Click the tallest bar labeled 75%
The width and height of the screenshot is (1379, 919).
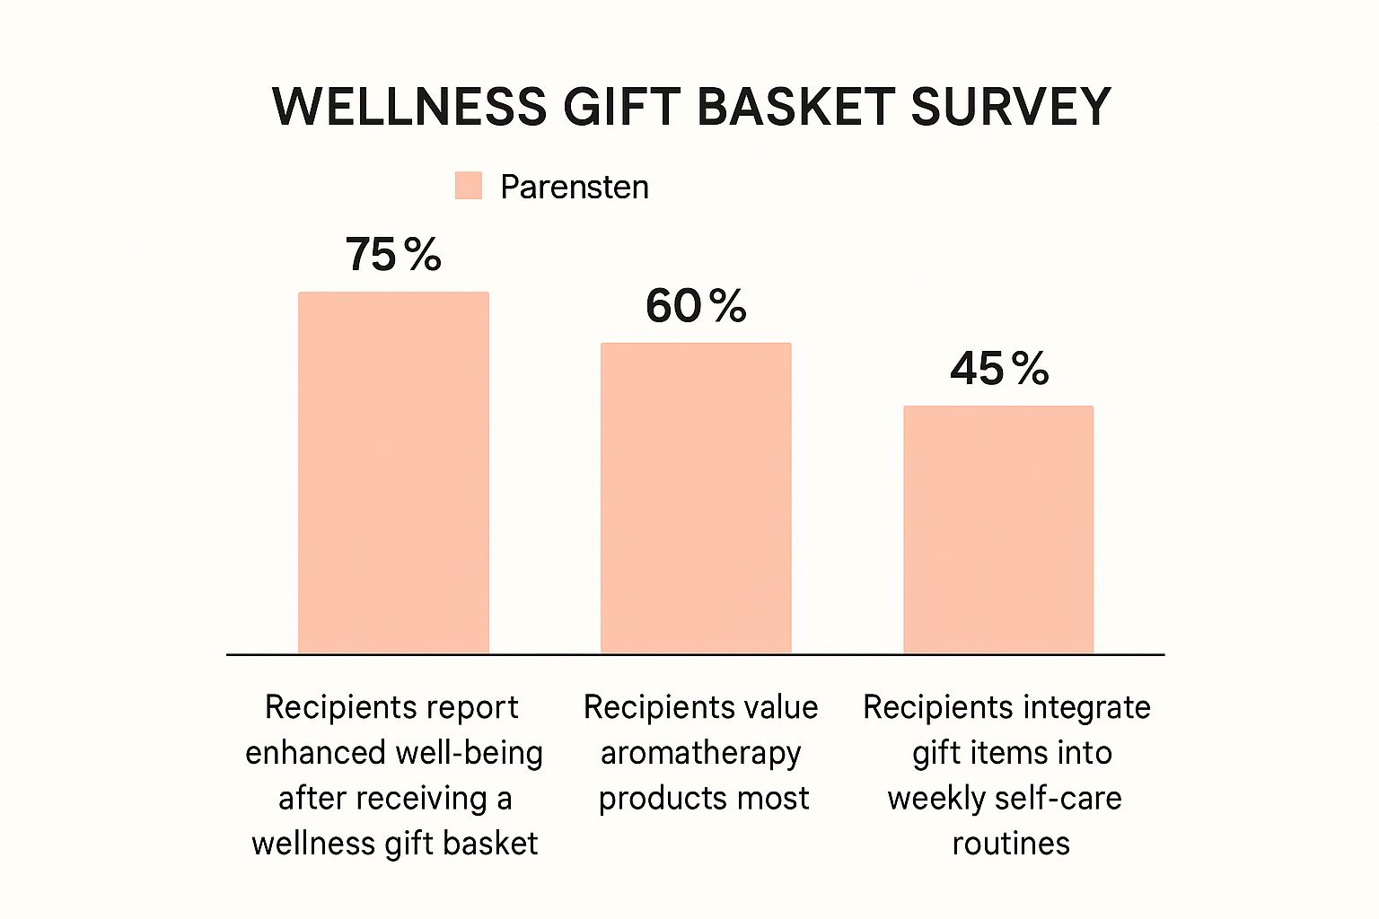(393, 472)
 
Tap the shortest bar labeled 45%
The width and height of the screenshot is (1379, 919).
(998, 529)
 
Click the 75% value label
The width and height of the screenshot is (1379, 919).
(393, 255)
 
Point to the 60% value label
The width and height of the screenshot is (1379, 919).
(696, 306)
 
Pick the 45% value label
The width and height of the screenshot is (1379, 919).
(999, 369)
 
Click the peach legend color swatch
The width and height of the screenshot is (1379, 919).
(469, 186)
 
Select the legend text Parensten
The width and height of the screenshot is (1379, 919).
(575, 187)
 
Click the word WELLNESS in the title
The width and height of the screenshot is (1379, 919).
(409, 107)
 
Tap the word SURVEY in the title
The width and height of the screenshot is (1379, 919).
(1011, 107)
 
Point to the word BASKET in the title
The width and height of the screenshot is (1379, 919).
(795, 107)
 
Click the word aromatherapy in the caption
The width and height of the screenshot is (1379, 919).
(700, 753)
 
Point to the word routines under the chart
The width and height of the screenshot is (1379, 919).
(1011, 844)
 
